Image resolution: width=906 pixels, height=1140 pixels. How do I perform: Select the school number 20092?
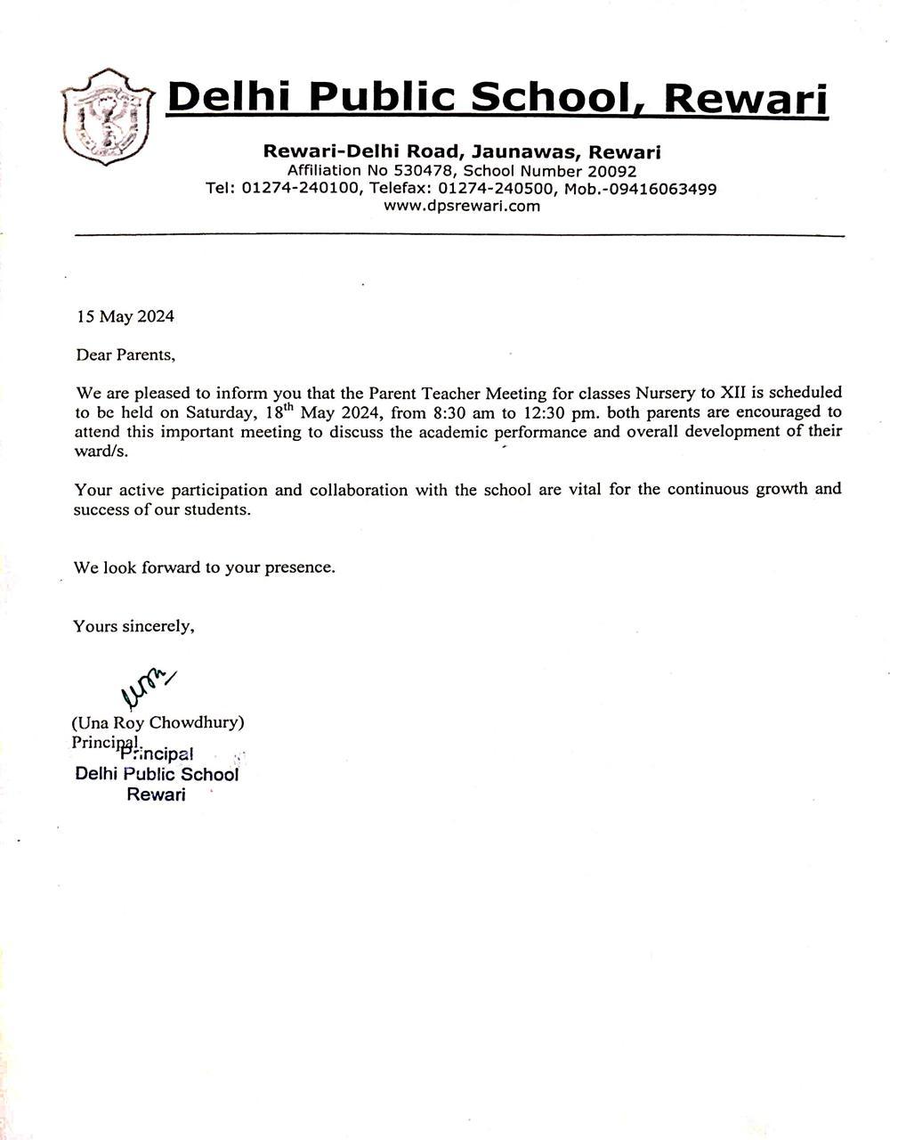[605, 171]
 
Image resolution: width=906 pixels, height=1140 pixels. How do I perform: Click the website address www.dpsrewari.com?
[461, 206]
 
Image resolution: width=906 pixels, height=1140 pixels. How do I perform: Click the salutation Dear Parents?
[125, 354]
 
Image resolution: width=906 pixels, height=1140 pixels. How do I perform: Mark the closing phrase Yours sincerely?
[133, 626]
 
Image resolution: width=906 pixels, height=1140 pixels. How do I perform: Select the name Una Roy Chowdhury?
[158, 721]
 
